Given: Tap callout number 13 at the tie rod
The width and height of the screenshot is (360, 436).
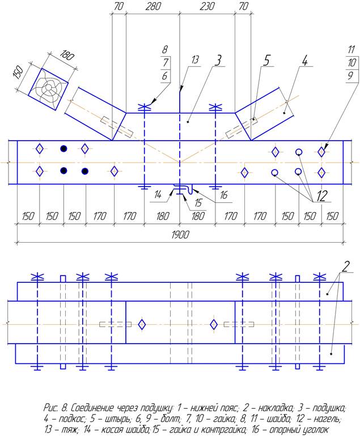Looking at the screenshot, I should coord(196,60).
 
